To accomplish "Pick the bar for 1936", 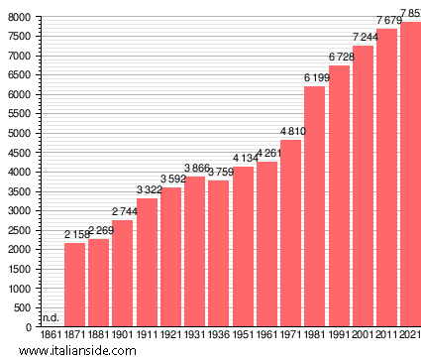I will tap(218, 254).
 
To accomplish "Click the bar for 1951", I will tap(243, 247).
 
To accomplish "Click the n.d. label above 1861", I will tap(50, 318).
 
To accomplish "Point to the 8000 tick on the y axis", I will tap(18, 18).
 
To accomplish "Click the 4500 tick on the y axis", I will tap(18, 153).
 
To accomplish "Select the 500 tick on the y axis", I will tap(22, 307).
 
